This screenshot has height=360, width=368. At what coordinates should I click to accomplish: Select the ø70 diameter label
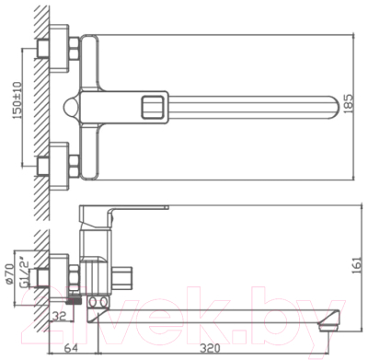(x=12, y=275)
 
